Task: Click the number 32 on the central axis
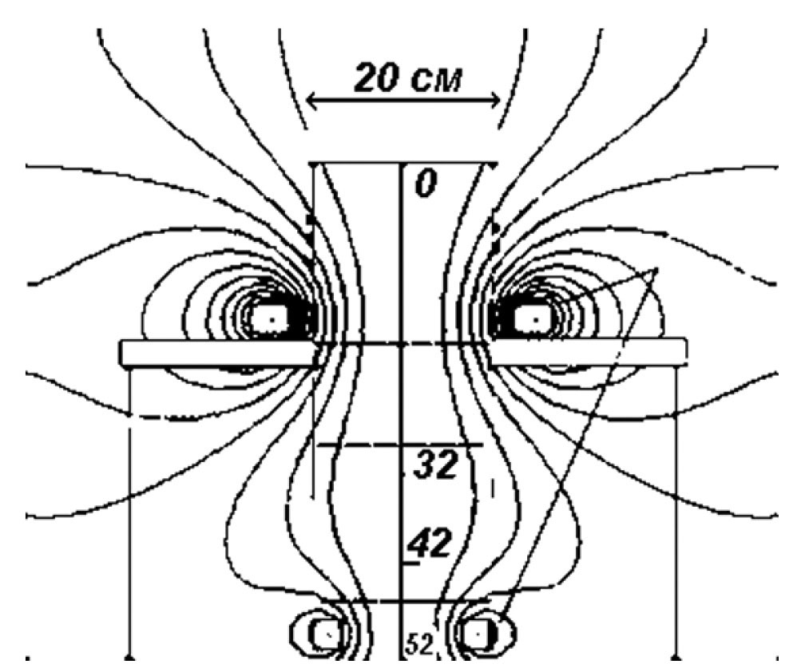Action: coord(435,464)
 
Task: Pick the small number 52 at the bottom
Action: coord(420,645)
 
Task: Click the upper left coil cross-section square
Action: coord(272,319)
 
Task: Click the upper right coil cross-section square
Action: coord(534,319)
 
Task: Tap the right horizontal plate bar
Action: coord(589,353)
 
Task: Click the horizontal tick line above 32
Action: coord(400,445)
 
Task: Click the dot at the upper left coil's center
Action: coord(272,319)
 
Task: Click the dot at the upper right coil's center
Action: coord(535,319)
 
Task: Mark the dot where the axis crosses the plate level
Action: coord(402,345)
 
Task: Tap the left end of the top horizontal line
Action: coord(310,164)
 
